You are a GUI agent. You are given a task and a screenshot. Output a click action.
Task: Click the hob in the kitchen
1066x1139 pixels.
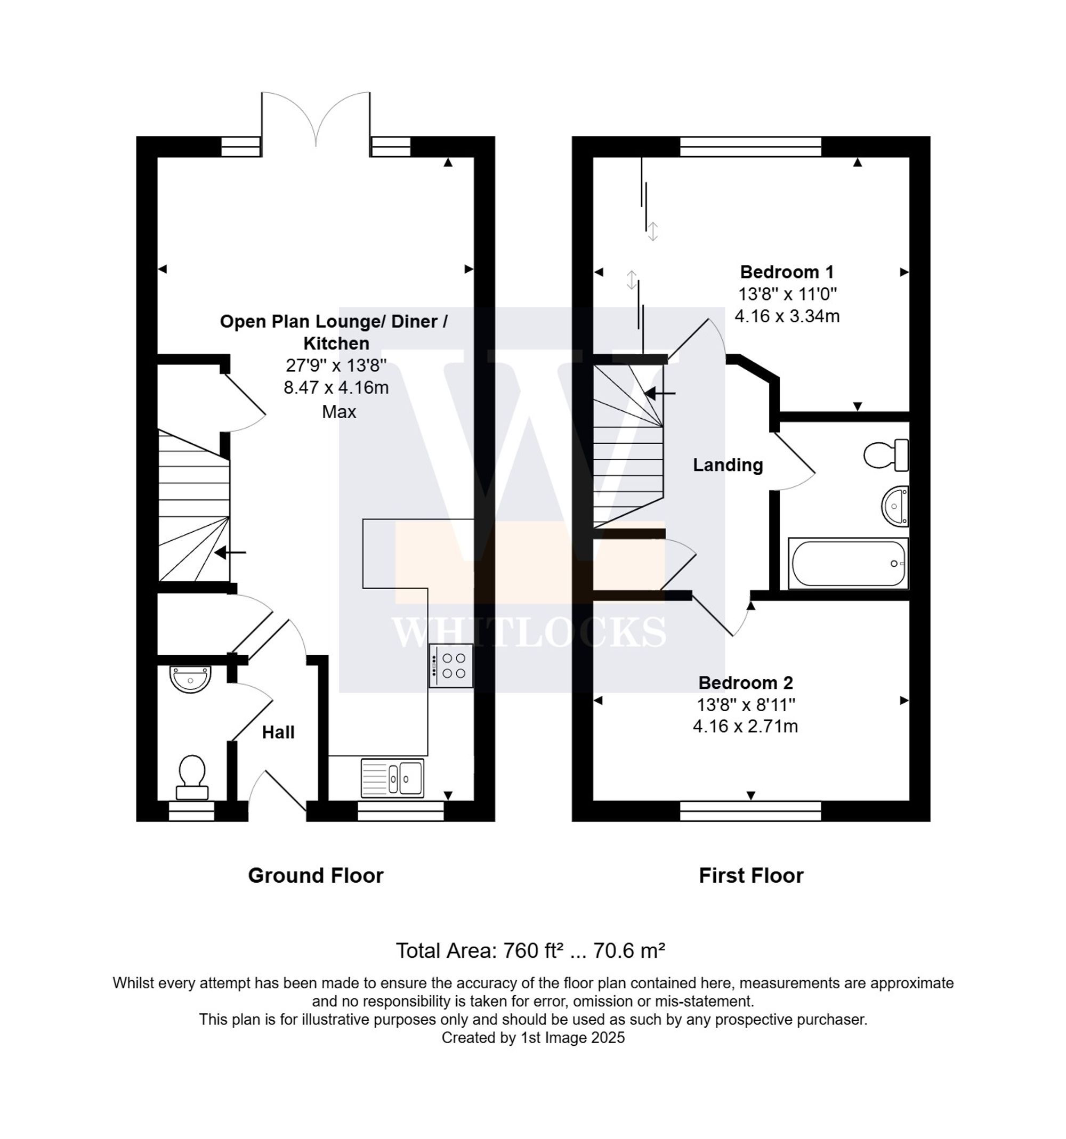[451, 665]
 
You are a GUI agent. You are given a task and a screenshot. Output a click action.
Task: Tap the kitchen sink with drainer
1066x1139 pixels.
[393, 777]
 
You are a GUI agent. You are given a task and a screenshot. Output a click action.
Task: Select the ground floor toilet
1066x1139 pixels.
[192, 776]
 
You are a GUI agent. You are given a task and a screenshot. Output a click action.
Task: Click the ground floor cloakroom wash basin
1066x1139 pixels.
[190, 679]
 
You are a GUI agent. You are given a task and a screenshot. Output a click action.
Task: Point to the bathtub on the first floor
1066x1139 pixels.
[847, 563]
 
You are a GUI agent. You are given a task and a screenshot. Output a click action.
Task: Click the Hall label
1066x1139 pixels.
[278, 732]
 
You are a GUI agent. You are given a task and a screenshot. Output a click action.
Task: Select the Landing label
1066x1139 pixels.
[728, 465]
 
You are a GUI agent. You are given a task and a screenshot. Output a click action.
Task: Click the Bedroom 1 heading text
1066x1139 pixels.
[786, 272]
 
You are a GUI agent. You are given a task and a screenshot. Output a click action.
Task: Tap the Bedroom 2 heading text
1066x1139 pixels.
[745, 682]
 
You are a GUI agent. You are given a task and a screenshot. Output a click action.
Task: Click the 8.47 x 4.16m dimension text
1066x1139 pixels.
[336, 388]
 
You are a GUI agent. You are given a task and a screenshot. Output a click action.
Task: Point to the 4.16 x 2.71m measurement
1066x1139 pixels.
[745, 727]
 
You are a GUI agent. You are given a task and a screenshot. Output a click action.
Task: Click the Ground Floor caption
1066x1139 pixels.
[315, 875]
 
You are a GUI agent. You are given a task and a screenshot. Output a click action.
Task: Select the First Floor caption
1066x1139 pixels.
[751, 875]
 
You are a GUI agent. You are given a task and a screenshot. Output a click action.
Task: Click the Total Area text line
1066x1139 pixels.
[530, 950]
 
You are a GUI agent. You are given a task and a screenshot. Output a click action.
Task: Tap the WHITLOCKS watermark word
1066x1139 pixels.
[528, 632]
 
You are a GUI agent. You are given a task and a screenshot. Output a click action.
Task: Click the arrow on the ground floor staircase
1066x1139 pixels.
[230, 552]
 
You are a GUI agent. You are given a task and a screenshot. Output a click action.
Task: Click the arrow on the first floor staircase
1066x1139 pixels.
[660, 393]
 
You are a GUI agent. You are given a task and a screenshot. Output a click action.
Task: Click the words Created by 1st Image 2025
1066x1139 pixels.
[532, 1038]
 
